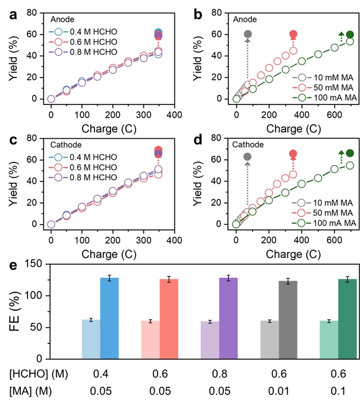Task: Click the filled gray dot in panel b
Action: tap(247, 34)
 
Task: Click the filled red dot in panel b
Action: tap(293, 34)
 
